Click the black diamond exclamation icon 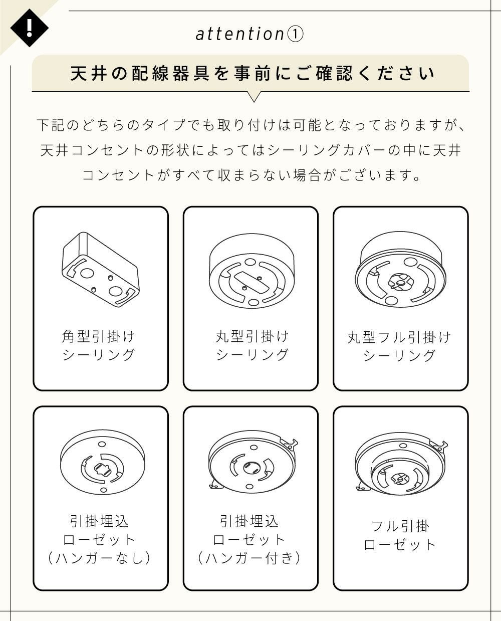click(x=29, y=28)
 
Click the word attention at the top click(x=240, y=34)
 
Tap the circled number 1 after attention click(x=295, y=35)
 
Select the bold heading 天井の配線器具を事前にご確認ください click(x=253, y=74)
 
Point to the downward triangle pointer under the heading click(x=254, y=97)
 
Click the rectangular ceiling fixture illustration click(x=101, y=269)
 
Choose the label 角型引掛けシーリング click(x=99, y=345)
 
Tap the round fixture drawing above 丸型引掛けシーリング click(x=252, y=271)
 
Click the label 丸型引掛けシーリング click(x=252, y=345)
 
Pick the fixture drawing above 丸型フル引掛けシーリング click(x=400, y=269)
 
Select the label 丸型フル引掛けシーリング click(x=399, y=346)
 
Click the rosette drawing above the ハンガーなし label click(x=103, y=462)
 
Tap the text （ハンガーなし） click(x=99, y=558)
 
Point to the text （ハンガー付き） click(x=249, y=558)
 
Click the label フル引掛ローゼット click(x=400, y=536)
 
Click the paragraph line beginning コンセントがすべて click(x=251, y=175)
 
